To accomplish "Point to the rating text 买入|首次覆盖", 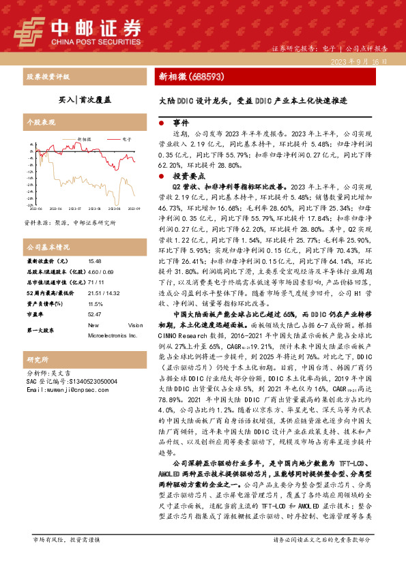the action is point(85,100).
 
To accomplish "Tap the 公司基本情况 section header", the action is point(48,246).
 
